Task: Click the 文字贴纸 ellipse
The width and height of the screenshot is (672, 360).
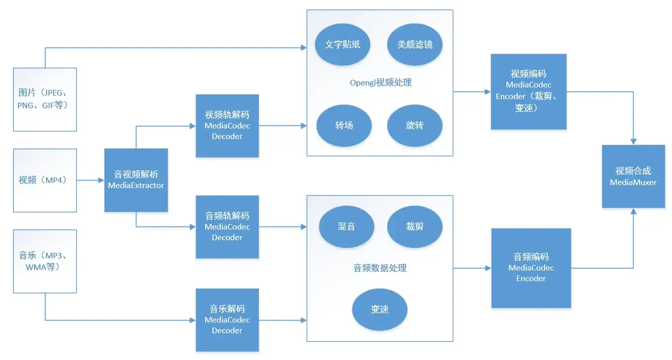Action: (342, 44)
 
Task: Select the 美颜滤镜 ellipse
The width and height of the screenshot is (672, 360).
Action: (415, 44)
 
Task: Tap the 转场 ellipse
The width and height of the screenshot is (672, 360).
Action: (344, 125)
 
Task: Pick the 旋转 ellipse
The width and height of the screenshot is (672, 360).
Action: (415, 125)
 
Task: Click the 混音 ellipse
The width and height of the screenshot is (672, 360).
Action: (347, 227)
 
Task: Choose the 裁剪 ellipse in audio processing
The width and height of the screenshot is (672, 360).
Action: (415, 227)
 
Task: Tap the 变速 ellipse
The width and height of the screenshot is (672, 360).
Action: (379, 309)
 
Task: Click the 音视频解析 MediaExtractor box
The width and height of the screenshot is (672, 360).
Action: (136, 180)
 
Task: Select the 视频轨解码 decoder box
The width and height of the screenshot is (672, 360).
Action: (227, 125)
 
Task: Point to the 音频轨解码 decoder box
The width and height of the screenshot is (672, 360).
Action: (227, 227)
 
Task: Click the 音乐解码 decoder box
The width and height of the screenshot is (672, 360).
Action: (227, 320)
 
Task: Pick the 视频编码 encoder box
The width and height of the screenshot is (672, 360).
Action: (529, 92)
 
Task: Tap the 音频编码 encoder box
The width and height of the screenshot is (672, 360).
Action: (531, 268)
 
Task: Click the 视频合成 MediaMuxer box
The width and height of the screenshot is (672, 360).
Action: (633, 176)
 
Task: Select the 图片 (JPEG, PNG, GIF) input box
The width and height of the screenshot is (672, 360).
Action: (45, 100)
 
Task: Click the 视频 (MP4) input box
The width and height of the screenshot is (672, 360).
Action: (45, 180)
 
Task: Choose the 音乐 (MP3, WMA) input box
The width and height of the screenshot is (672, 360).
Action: (45, 261)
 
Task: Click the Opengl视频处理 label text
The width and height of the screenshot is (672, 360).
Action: (380, 82)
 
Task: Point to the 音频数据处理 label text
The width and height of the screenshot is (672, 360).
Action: (379, 268)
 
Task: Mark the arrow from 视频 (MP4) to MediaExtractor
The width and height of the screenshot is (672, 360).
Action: (90, 180)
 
